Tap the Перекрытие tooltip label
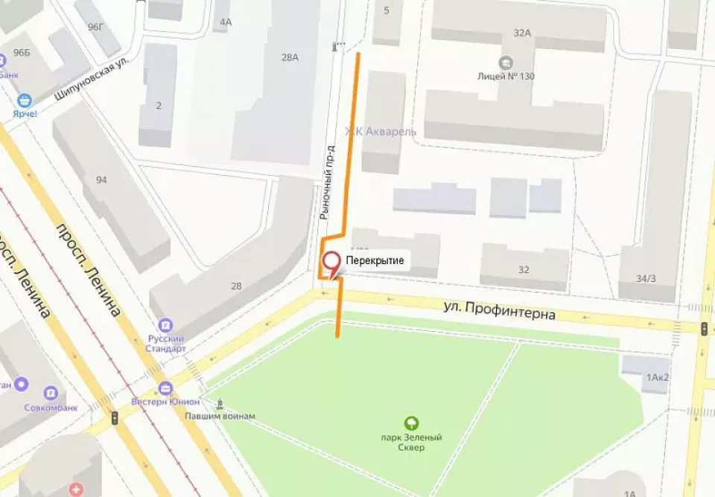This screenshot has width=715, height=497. [x=375, y=260]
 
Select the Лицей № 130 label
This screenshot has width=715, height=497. [x=506, y=76]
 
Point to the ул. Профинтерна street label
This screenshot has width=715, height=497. [x=499, y=310]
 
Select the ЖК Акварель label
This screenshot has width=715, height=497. [x=380, y=131]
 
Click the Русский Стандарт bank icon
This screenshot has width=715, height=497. [x=165, y=325]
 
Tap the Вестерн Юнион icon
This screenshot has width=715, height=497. [x=165, y=388]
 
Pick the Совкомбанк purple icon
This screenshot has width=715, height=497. [x=51, y=392]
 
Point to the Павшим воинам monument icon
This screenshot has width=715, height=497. [x=220, y=405]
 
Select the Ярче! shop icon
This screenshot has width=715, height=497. [x=25, y=100]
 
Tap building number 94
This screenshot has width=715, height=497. [x=101, y=179]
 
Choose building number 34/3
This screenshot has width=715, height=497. [x=646, y=278]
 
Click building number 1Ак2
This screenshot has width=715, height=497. [x=657, y=377]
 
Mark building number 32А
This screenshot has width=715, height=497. [x=522, y=32]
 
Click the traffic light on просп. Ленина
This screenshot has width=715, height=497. [x=114, y=418]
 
